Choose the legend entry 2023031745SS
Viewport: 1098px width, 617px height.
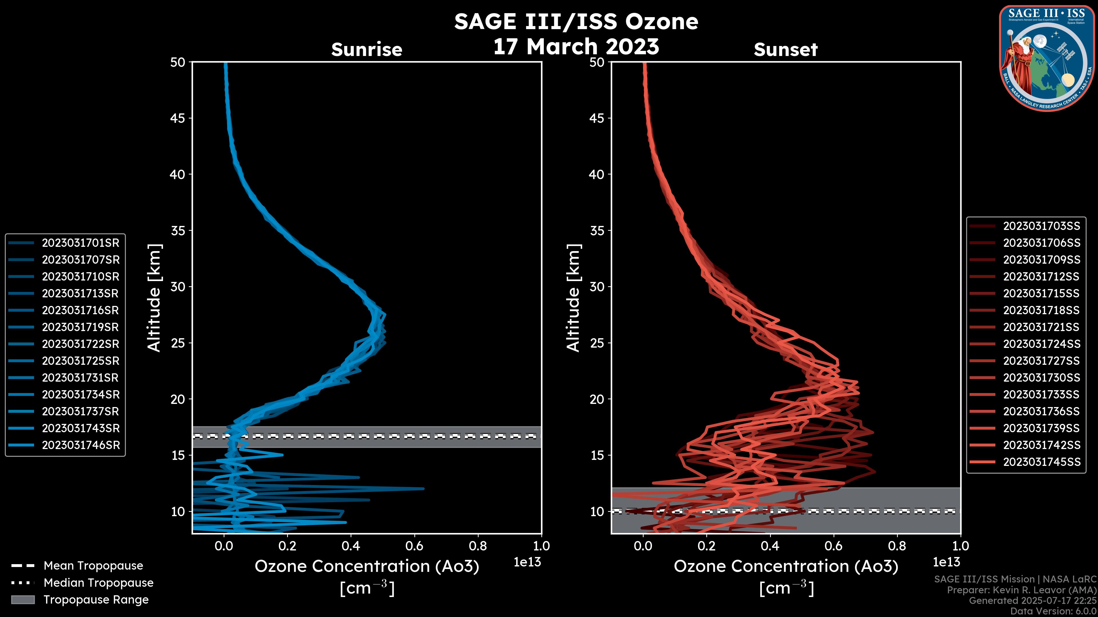coord(1041,462)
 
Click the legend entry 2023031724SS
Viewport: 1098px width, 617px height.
coord(1041,344)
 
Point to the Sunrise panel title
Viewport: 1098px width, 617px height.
coord(367,50)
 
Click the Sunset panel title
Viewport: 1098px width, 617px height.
coord(785,50)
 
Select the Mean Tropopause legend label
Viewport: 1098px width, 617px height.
coord(93,566)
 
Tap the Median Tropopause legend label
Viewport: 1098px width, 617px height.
coord(98,583)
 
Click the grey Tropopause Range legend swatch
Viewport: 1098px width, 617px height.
coord(23,600)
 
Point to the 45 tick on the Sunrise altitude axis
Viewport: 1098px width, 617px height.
coord(178,118)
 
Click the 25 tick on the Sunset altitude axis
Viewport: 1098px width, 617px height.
coord(597,343)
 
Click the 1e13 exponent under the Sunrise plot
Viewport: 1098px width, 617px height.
coord(527,562)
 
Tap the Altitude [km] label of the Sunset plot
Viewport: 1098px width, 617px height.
coord(574,298)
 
